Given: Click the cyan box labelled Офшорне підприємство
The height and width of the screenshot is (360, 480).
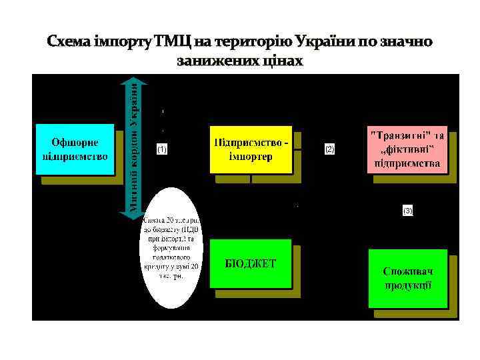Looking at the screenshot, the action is (x=75, y=149).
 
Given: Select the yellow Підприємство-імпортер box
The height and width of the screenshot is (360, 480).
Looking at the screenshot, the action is (x=251, y=149).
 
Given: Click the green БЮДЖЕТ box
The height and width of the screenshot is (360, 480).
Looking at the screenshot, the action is (x=251, y=263).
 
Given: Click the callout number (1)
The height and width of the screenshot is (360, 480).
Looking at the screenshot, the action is (x=161, y=149).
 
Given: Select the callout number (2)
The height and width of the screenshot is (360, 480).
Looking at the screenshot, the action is (x=329, y=149).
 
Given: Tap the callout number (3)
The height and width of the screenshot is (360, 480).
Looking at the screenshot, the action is (x=407, y=211).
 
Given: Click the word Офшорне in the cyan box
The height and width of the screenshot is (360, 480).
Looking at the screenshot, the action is (x=75, y=142).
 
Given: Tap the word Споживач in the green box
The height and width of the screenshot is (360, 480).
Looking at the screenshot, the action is (x=407, y=271).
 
